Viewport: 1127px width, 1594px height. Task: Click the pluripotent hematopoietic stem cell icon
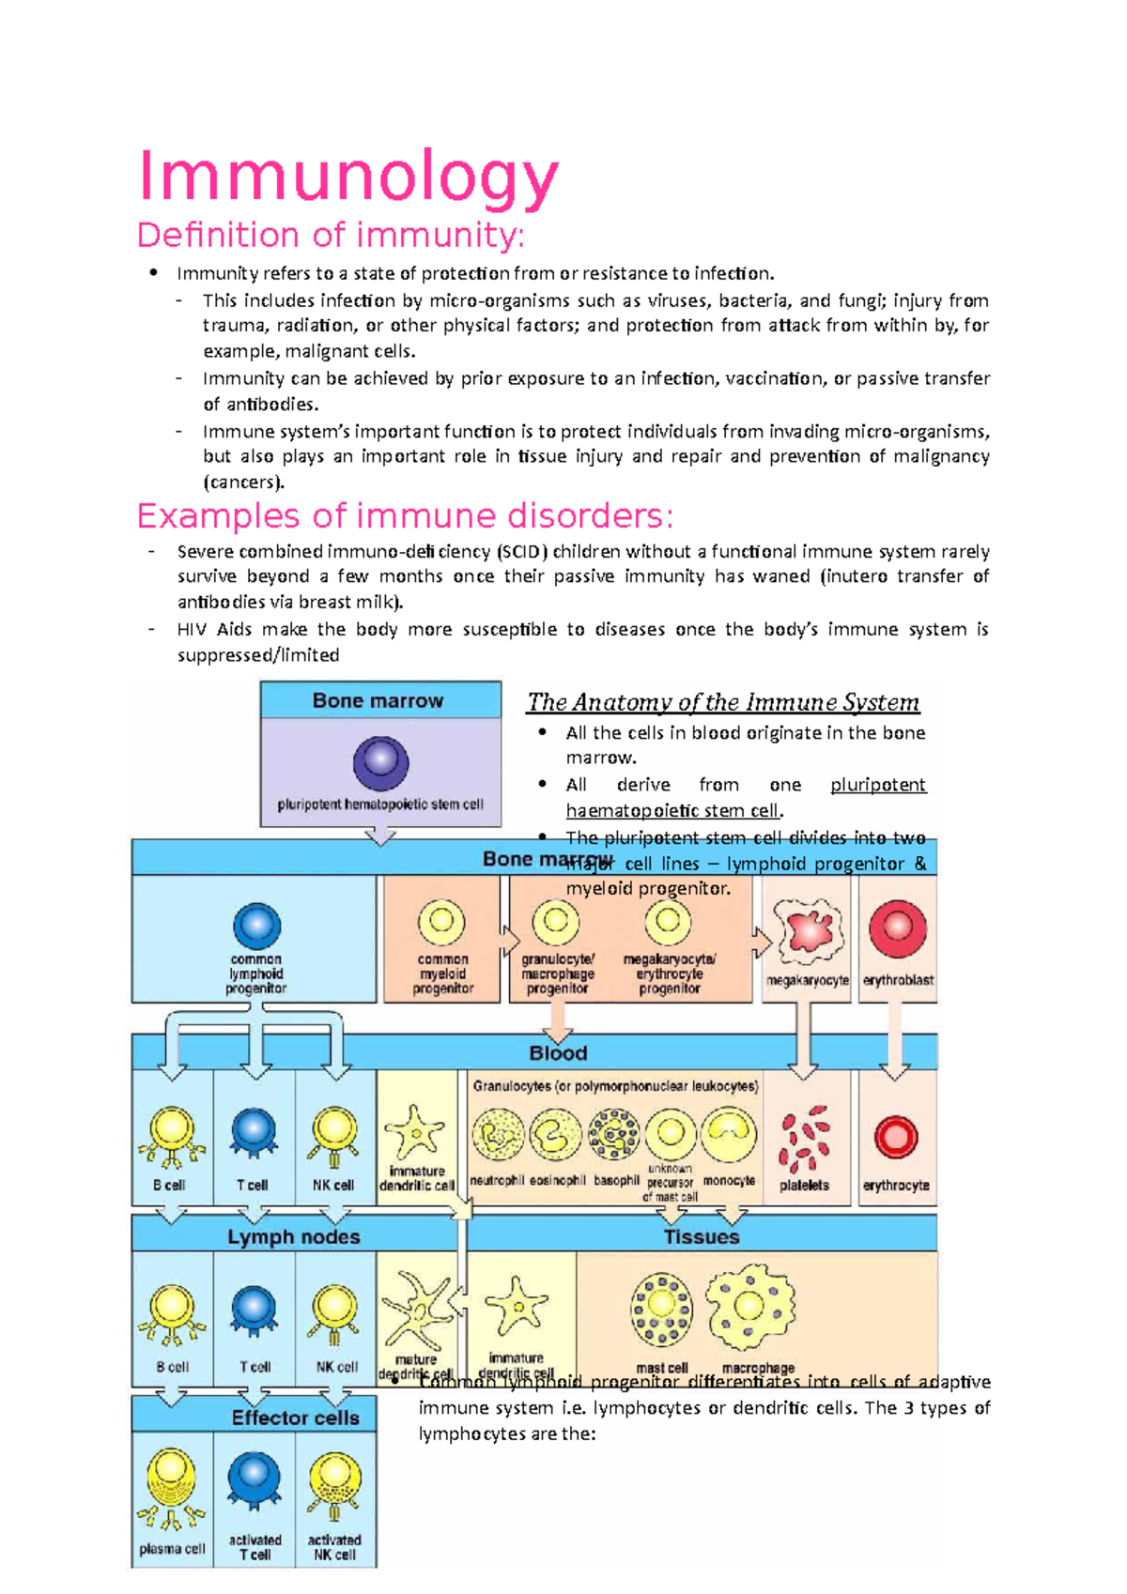point(380,762)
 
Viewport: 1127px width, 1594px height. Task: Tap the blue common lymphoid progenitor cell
point(256,926)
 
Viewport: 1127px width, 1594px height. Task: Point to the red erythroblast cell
point(898,927)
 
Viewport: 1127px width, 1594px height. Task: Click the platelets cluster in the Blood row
point(804,1139)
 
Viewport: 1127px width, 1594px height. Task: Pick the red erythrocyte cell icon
point(896,1137)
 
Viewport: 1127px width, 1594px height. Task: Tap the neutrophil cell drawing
point(498,1135)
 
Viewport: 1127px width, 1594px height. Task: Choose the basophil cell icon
point(614,1134)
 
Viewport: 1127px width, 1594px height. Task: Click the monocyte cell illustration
point(730,1134)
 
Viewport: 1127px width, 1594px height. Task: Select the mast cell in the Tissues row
point(662,1309)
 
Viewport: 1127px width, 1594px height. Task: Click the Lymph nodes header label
point(293,1236)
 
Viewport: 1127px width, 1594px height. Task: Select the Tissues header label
point(702,1236)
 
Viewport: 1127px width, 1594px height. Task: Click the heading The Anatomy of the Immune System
point(723,702)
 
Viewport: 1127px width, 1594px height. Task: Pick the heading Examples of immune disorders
point(405,515)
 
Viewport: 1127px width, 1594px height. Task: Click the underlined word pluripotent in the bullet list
point(878,785)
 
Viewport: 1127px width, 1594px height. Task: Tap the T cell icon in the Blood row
point(254,1133)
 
